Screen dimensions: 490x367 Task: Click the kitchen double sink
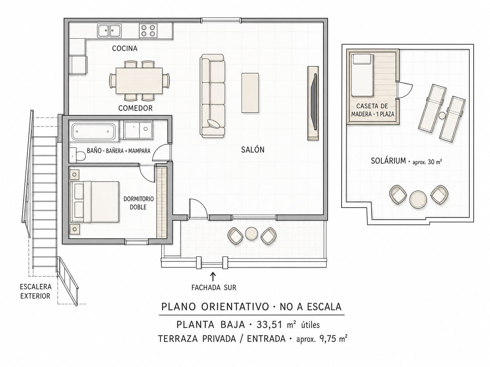tap(109, 31)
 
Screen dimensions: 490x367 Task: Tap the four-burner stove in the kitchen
tap(147, 31)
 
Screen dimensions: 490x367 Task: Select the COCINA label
tap(124, 48)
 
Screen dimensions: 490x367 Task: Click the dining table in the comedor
tap(139, 81)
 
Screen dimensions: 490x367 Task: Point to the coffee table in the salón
tap(250, 93)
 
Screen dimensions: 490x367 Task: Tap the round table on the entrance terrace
tap(252, 234)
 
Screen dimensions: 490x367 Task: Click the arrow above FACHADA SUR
tap(214, 277)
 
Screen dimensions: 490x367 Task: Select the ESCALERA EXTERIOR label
tap(36, 291)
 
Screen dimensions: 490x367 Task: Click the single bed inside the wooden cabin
tap(362, 75)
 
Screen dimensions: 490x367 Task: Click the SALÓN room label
tap(253, 150)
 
